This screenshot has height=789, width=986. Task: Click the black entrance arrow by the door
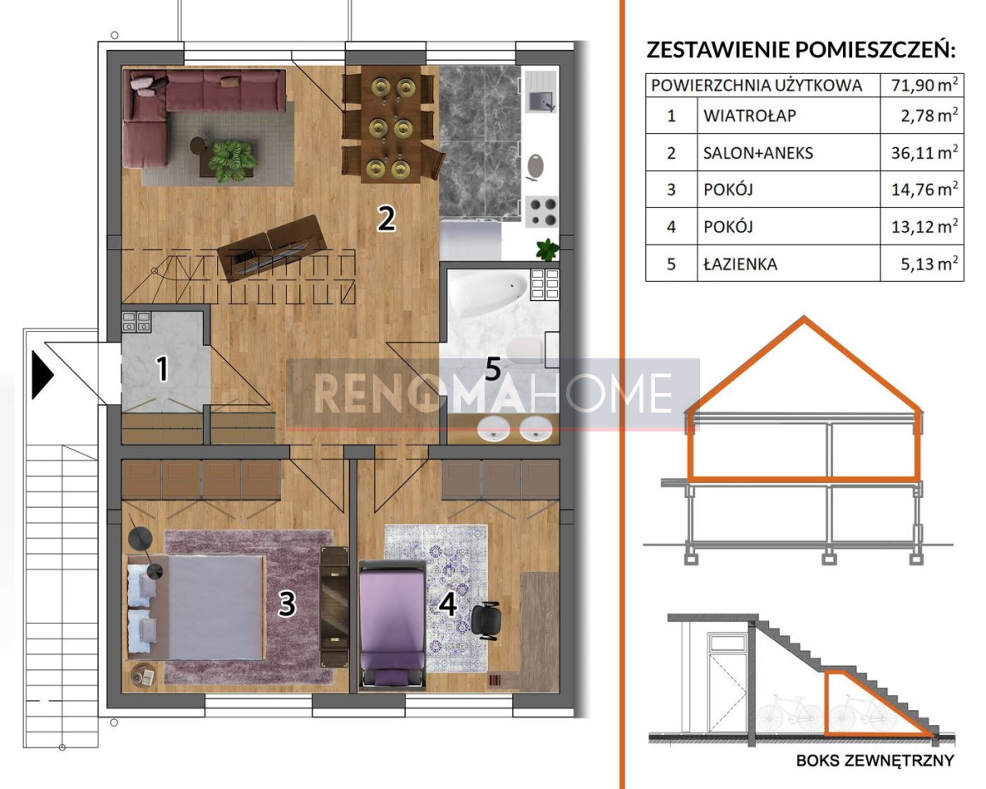click(x=42, y=375)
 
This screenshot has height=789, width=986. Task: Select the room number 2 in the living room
click(x=386, y=219)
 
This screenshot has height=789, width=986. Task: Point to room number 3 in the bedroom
click(x=288, y=603)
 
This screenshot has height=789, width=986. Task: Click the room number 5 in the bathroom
click(x=492, y=368)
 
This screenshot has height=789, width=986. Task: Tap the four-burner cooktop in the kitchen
click(x=541, y=212)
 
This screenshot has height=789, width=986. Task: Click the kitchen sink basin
click(x=541, y=101)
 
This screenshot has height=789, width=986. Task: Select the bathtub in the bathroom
click(x=488, y=292)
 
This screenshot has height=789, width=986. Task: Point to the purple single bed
click(x=393, y=625)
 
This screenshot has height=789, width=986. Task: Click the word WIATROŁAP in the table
click(x=749, y=116)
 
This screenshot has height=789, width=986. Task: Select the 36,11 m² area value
click(x=924, y=152)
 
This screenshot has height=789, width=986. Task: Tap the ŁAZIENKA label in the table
click(x=740, y=264)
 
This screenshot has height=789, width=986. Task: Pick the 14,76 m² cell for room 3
click(x=924, y=189)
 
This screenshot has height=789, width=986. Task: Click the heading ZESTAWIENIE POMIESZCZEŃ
click(x=800, y=49)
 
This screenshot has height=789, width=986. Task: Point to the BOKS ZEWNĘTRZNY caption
click(x=875, y=760)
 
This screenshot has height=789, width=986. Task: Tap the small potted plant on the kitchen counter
click(x=548, y=250)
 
